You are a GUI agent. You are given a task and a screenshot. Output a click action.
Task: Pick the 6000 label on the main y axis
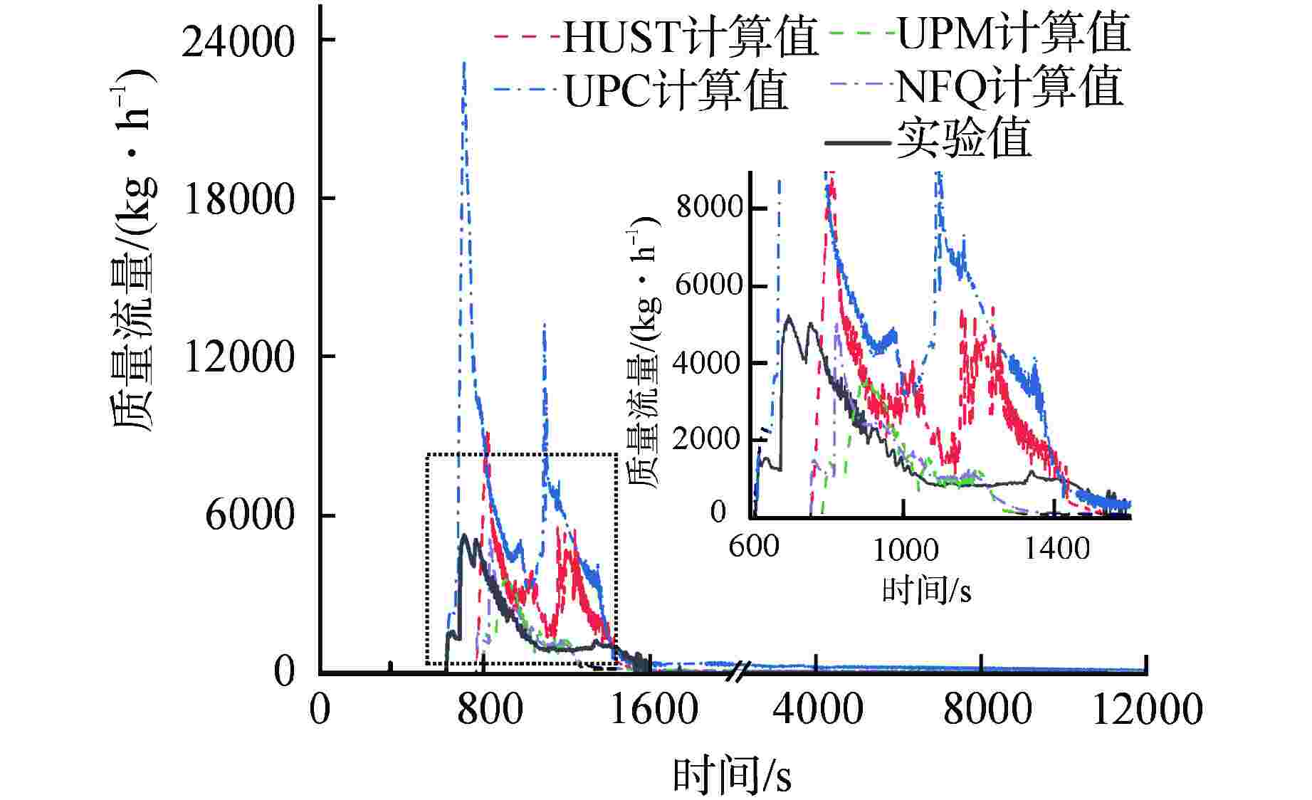pos(249,515)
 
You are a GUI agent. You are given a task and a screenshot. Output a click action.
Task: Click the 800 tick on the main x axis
pos(490,710)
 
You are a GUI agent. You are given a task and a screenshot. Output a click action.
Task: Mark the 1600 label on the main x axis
pos(654,710)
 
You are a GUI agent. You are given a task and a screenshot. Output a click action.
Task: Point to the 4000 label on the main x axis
pos(817,710)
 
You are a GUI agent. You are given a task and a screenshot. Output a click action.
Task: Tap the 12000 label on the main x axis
pos(1147,710)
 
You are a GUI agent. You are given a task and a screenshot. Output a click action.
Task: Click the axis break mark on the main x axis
pos(740,671)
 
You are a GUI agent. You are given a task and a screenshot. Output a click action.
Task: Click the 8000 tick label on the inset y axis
pos(709,207)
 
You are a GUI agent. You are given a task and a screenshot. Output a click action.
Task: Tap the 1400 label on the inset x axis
pos(1056,549)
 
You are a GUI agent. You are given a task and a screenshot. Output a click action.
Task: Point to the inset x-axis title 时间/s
pos(926,590)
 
